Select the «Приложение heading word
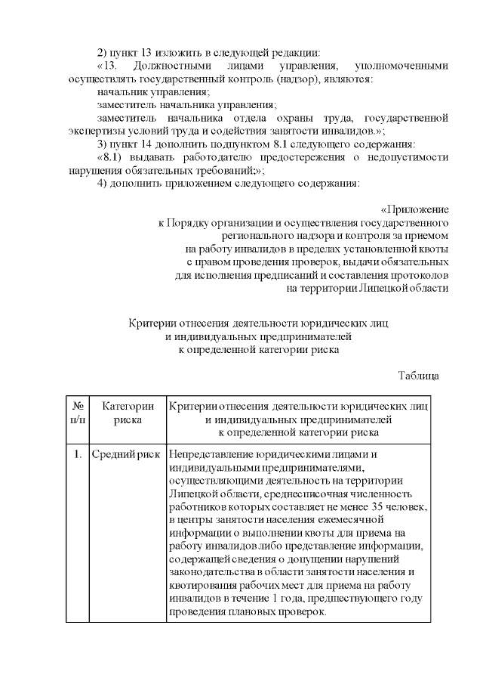(415, 209)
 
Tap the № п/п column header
(78, 413)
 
